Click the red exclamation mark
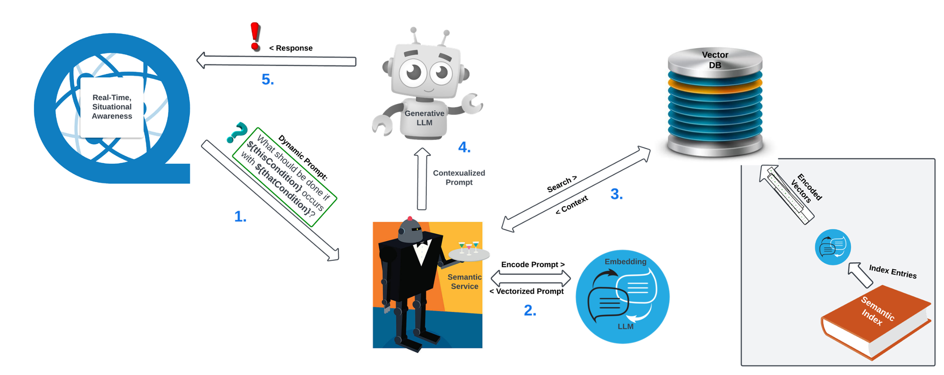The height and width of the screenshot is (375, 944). coord(254,35)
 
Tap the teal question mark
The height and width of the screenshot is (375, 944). coord(236,132)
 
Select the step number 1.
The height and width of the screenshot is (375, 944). coord(240,217)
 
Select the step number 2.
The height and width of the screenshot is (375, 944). coord(530,310)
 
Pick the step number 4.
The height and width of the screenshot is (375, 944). coord(464,147)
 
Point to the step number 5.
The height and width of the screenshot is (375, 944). coord(267,79)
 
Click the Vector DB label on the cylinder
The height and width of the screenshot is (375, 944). coord(715,60)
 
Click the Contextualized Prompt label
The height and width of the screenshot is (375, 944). coord(459,178)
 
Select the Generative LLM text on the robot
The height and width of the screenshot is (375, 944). coord(424,118)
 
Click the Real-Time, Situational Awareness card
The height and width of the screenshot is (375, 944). coord(112,107)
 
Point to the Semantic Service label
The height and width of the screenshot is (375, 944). coord(464,281)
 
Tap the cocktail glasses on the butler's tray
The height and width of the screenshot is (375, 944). coord(469,248)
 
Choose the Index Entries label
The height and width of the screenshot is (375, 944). coord(892,271)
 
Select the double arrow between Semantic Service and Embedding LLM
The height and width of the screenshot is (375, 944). coord(531,279)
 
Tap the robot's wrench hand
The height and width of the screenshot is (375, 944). coord(473,103)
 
